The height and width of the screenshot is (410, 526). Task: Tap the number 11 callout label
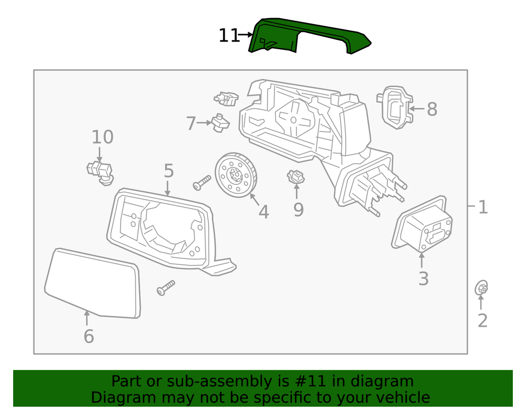click(x=229, y=36)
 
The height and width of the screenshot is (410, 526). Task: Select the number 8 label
click(x=432, y=109)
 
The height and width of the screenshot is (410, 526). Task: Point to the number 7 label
click(x=191, y=124)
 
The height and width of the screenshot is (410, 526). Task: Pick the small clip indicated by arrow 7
click(x=220, y=123)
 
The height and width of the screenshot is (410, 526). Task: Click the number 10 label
click(x=102, y=137)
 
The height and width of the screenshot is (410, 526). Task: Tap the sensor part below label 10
click(x=99, y=171)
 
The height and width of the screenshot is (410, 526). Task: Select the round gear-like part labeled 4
click(x=236, y=174)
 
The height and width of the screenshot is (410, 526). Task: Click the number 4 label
click(x=264, y=211)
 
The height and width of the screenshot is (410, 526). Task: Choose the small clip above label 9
click(x=296, y=177)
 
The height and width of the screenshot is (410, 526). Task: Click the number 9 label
click(x=298, y=209)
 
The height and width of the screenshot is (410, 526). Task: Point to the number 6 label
click(x=89, y=336)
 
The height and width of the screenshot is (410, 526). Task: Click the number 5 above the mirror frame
click(x=169, y=171)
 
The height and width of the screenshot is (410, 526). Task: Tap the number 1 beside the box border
click(x=483, y=207)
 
